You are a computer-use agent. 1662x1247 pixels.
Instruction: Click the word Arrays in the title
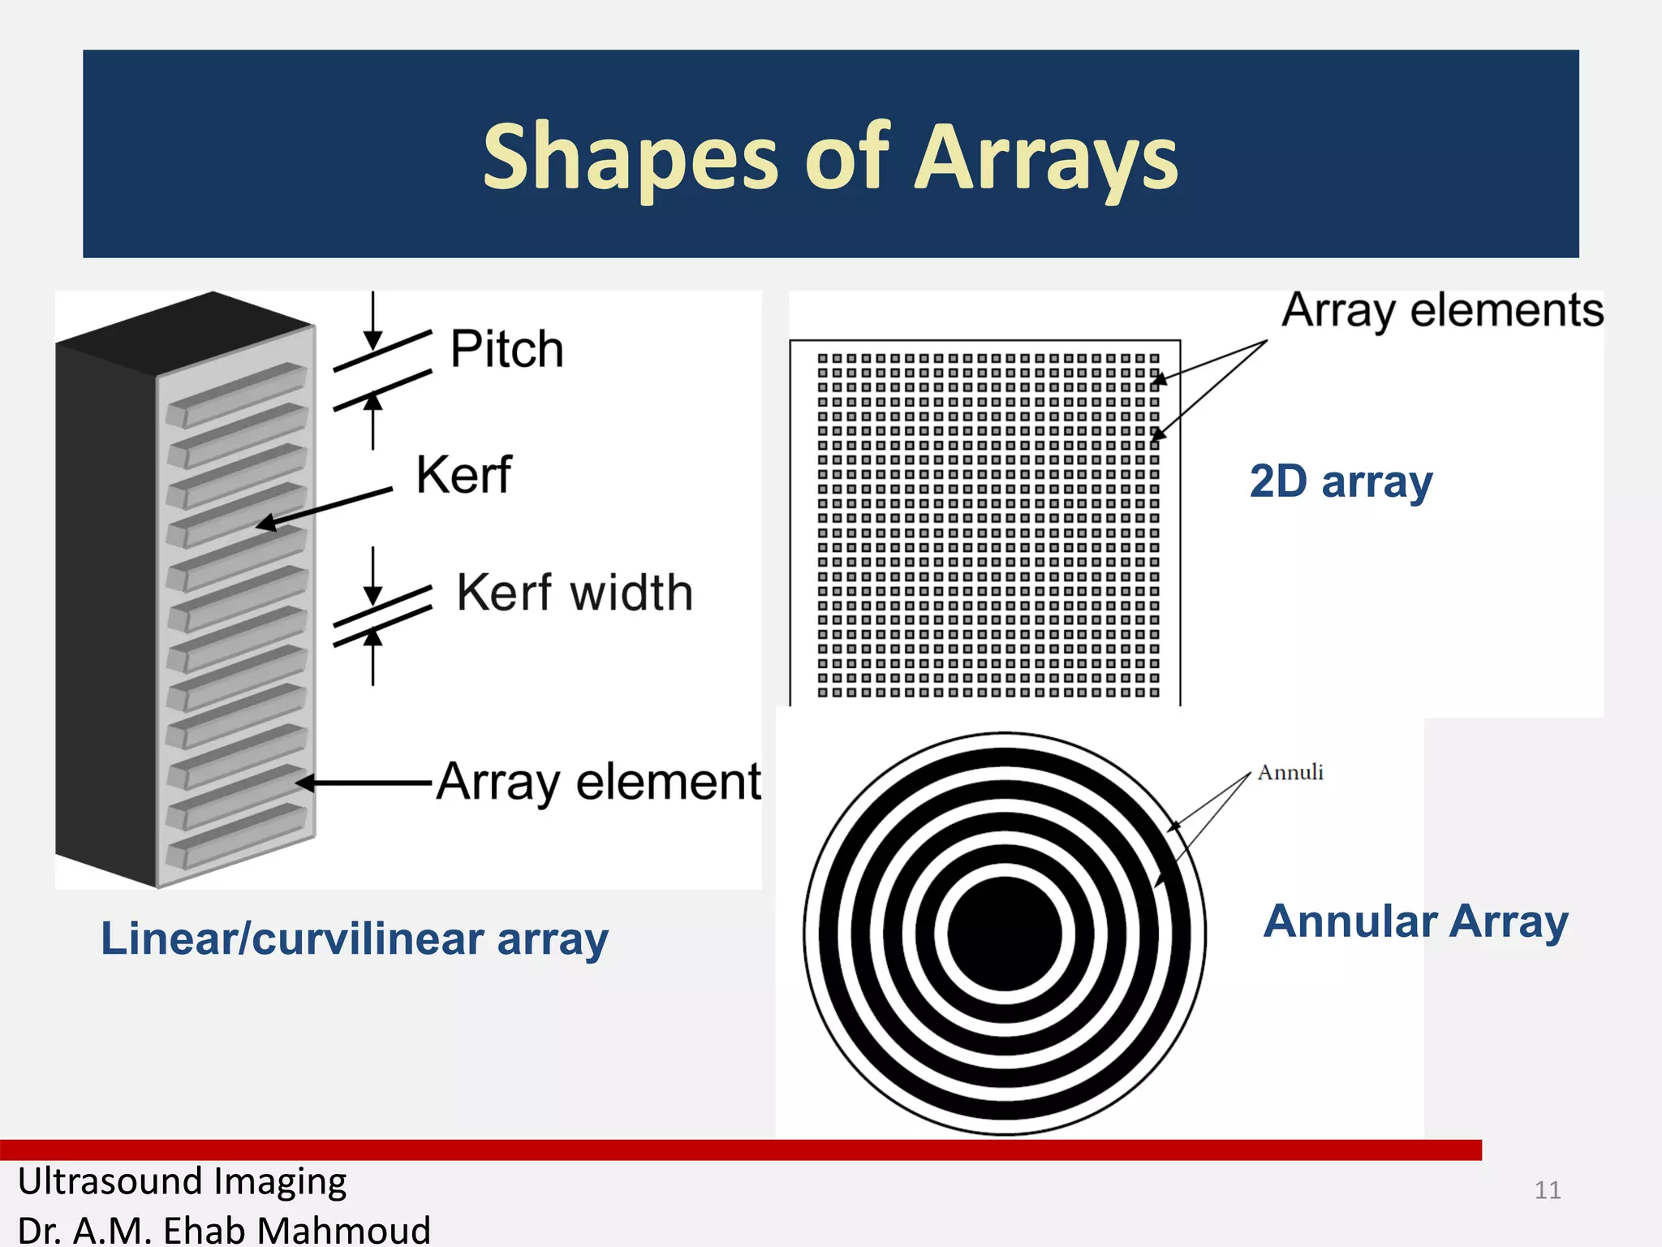[x=1046, y=157]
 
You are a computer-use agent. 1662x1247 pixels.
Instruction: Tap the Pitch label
[x=506, y=349]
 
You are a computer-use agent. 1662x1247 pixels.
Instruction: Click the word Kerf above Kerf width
[x=463, y=474]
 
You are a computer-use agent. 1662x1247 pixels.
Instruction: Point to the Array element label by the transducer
[x=599, y=781]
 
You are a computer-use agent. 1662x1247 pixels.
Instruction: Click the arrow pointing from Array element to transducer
[x=365, y=783]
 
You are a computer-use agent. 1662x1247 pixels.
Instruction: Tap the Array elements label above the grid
[x=1442, y=310]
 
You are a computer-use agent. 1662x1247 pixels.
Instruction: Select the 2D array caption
[x=1341, y=481]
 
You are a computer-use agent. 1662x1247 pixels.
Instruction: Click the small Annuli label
[x=1290, y=772]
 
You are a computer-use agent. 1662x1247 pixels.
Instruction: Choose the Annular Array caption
[x=1415, y=921]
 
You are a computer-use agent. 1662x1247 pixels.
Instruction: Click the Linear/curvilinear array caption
[x=354, y=939]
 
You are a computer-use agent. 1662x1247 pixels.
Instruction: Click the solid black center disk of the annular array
[x=1005, y=934]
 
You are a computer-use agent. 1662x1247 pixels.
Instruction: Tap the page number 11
[x=1547, y=1190]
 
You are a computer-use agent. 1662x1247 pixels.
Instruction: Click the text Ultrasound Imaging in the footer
[x=182, y=1181]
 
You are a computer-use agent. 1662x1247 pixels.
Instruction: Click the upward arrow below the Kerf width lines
[x=372, y=658]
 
